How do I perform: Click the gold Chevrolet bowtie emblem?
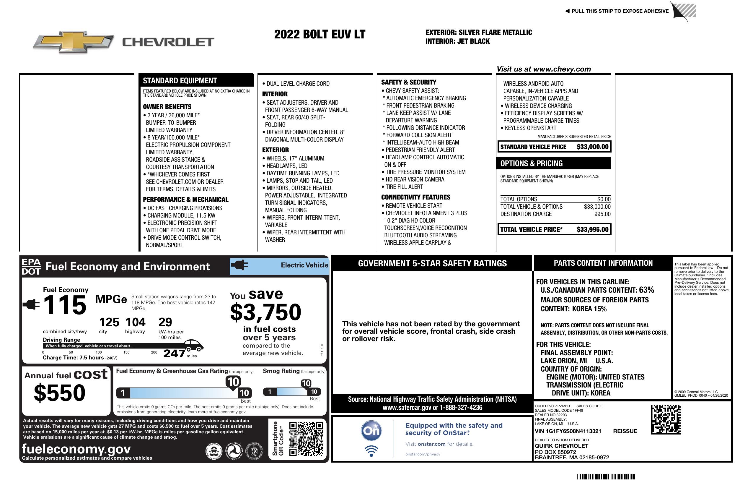click(74, 42)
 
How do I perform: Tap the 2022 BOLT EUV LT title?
click(320, 34)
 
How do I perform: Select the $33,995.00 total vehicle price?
click(592, 230)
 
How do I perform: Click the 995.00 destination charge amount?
click(602, 214)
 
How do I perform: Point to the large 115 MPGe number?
click(65, 305)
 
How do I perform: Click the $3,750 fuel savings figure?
click(265, 312)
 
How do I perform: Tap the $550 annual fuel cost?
click(59, 393)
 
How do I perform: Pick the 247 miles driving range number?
click(174, 354)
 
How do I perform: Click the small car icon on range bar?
click(194, 345)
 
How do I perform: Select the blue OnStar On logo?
click(371, 431)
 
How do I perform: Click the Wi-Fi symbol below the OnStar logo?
click(371, 451)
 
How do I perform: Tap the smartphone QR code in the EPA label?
click(306, 439)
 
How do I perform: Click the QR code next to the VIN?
click(666, 419)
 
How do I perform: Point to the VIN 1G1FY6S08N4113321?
click(568, 431)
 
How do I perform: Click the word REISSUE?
click(625, 431)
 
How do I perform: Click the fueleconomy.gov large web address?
click(76, 449)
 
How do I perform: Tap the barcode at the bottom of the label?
click(606, 476)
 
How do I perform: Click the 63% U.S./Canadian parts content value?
click(646, 290)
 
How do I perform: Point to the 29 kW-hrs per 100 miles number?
click(165, 322)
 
